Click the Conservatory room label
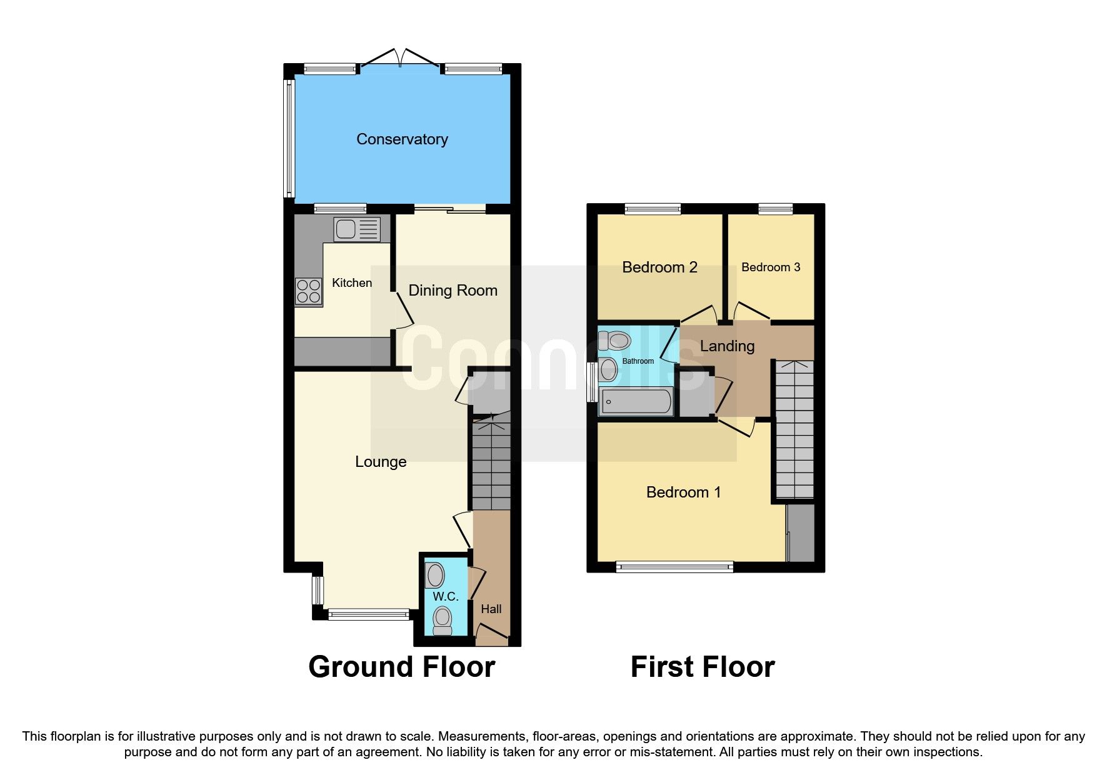point(402,139)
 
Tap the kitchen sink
point(356,229)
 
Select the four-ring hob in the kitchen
point(309,291)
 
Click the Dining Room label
point(453,290)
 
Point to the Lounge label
point(381,461)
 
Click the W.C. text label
point(446,596)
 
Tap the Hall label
point(491,609)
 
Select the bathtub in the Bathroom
point(636,401)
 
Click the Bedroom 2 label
point(659,267)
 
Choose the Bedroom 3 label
point(770,267)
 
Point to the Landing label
point(727,346)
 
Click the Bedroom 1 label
point(683,492)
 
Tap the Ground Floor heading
point(401,667)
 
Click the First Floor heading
point(702,667)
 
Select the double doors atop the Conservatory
point(401,58)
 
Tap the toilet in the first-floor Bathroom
point(614,341)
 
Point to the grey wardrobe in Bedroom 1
point(801,532)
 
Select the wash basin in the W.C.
point(435,575)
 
